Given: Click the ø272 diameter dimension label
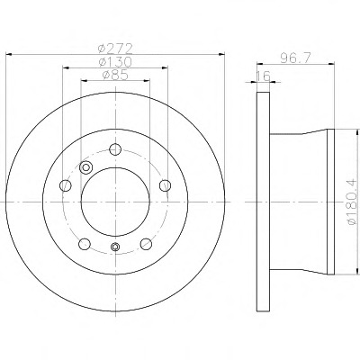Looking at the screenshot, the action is coord(115,48).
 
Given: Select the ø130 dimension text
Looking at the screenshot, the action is coord(115,62).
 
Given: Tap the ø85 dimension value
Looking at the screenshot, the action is coord(115,75).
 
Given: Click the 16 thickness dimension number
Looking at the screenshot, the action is coord(264,76).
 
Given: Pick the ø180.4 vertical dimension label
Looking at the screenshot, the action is coord(352,201).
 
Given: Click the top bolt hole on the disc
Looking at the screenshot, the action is coord(115,149).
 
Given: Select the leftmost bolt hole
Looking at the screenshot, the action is coord(66,185).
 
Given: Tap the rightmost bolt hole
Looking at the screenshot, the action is coord(165,185).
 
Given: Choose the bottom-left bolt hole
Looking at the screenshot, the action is coord(85,244).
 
